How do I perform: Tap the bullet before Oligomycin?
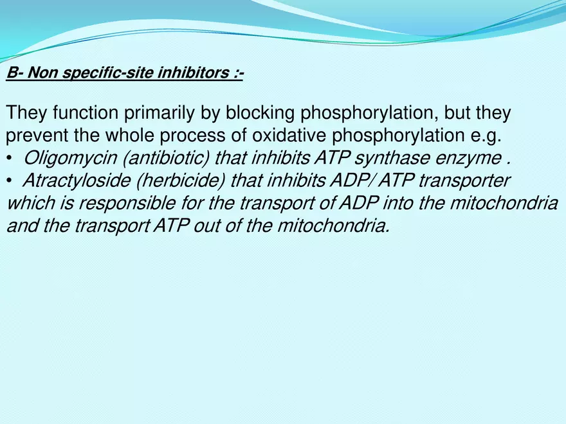tap(9, 159)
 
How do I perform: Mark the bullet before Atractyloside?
tap(9, 182)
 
